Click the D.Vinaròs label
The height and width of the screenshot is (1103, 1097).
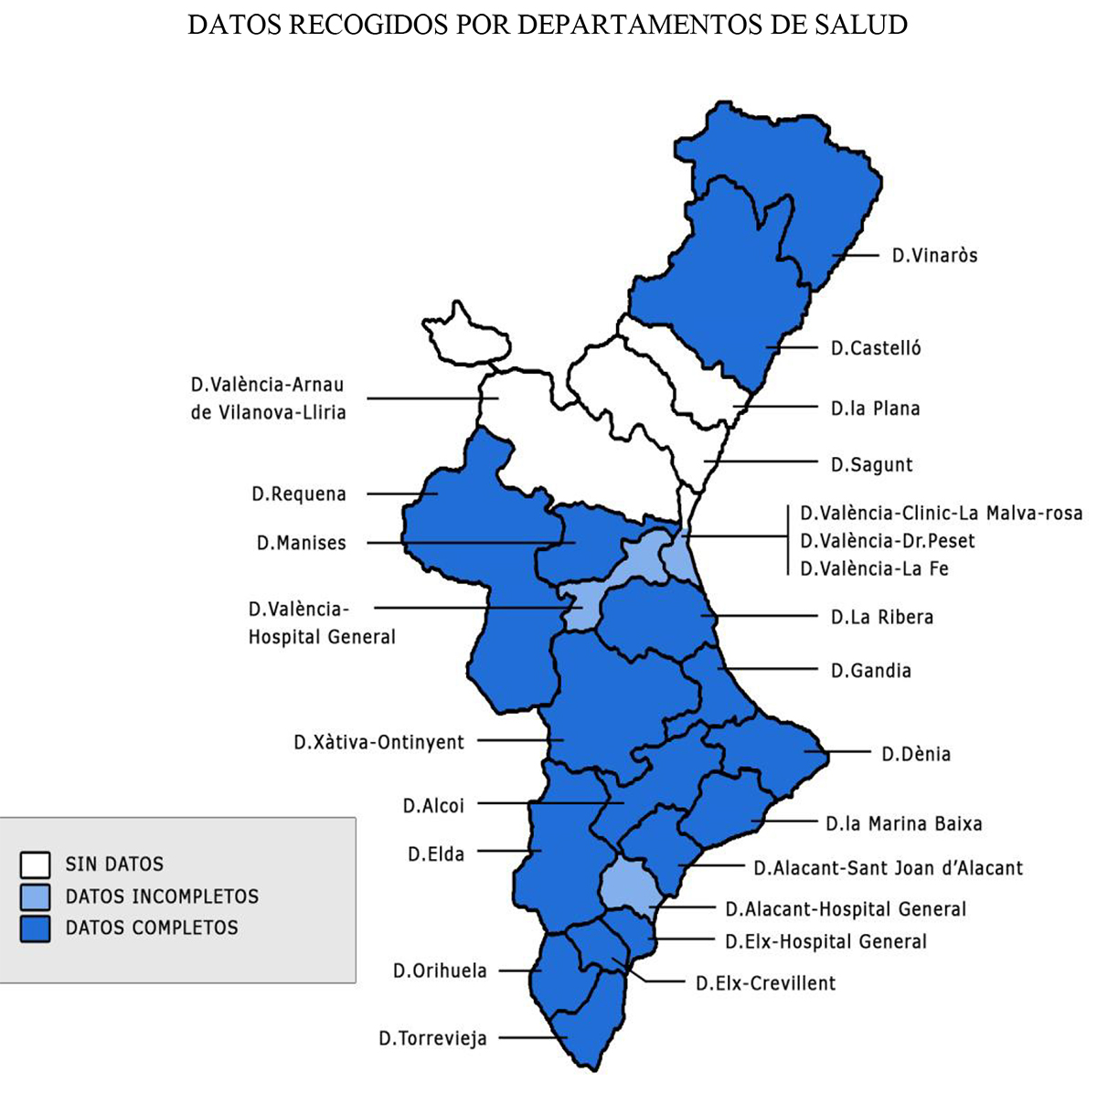(934, 256)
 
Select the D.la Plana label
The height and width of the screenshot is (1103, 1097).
(875, 408)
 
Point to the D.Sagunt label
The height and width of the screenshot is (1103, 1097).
(871, 464)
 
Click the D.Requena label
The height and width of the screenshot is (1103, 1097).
(299, 494)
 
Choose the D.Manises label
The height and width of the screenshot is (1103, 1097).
(301, 543)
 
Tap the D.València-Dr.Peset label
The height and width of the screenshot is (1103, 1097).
(887, 541)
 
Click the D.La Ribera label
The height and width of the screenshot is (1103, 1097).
(881, 617)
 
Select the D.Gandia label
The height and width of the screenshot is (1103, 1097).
(870, 671)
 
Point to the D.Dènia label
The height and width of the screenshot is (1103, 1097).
(916, 754)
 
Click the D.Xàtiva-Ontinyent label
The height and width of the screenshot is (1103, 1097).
(378, 742)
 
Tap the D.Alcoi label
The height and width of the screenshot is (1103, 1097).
(433, 805)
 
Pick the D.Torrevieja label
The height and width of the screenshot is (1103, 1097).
(432, 1038)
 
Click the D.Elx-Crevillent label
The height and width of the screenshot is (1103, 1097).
(765, 983)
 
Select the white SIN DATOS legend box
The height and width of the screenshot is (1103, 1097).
(35, 864)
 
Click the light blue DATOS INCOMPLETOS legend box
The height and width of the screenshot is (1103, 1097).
(35, 896)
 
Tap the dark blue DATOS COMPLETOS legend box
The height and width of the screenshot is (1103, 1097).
(35, 928)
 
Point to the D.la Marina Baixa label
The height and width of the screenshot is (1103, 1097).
(903, 823)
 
